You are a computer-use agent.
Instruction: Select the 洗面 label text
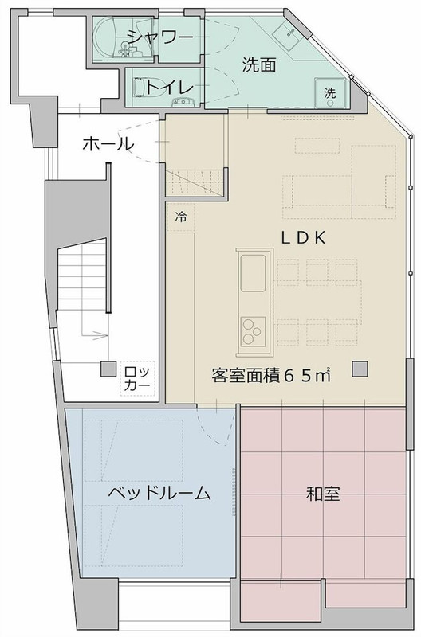pyautogui.click(x=259, y=67)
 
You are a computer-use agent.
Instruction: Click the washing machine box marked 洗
pyautogui.click(x=329, y=93)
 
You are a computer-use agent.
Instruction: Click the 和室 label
pyautogui.click(x=323, y=494)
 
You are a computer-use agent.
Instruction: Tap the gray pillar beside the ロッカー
pyautogui.click(x=106, y=369)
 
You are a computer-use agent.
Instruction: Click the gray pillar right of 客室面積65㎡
pyautogui.click(x=360, y=369)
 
